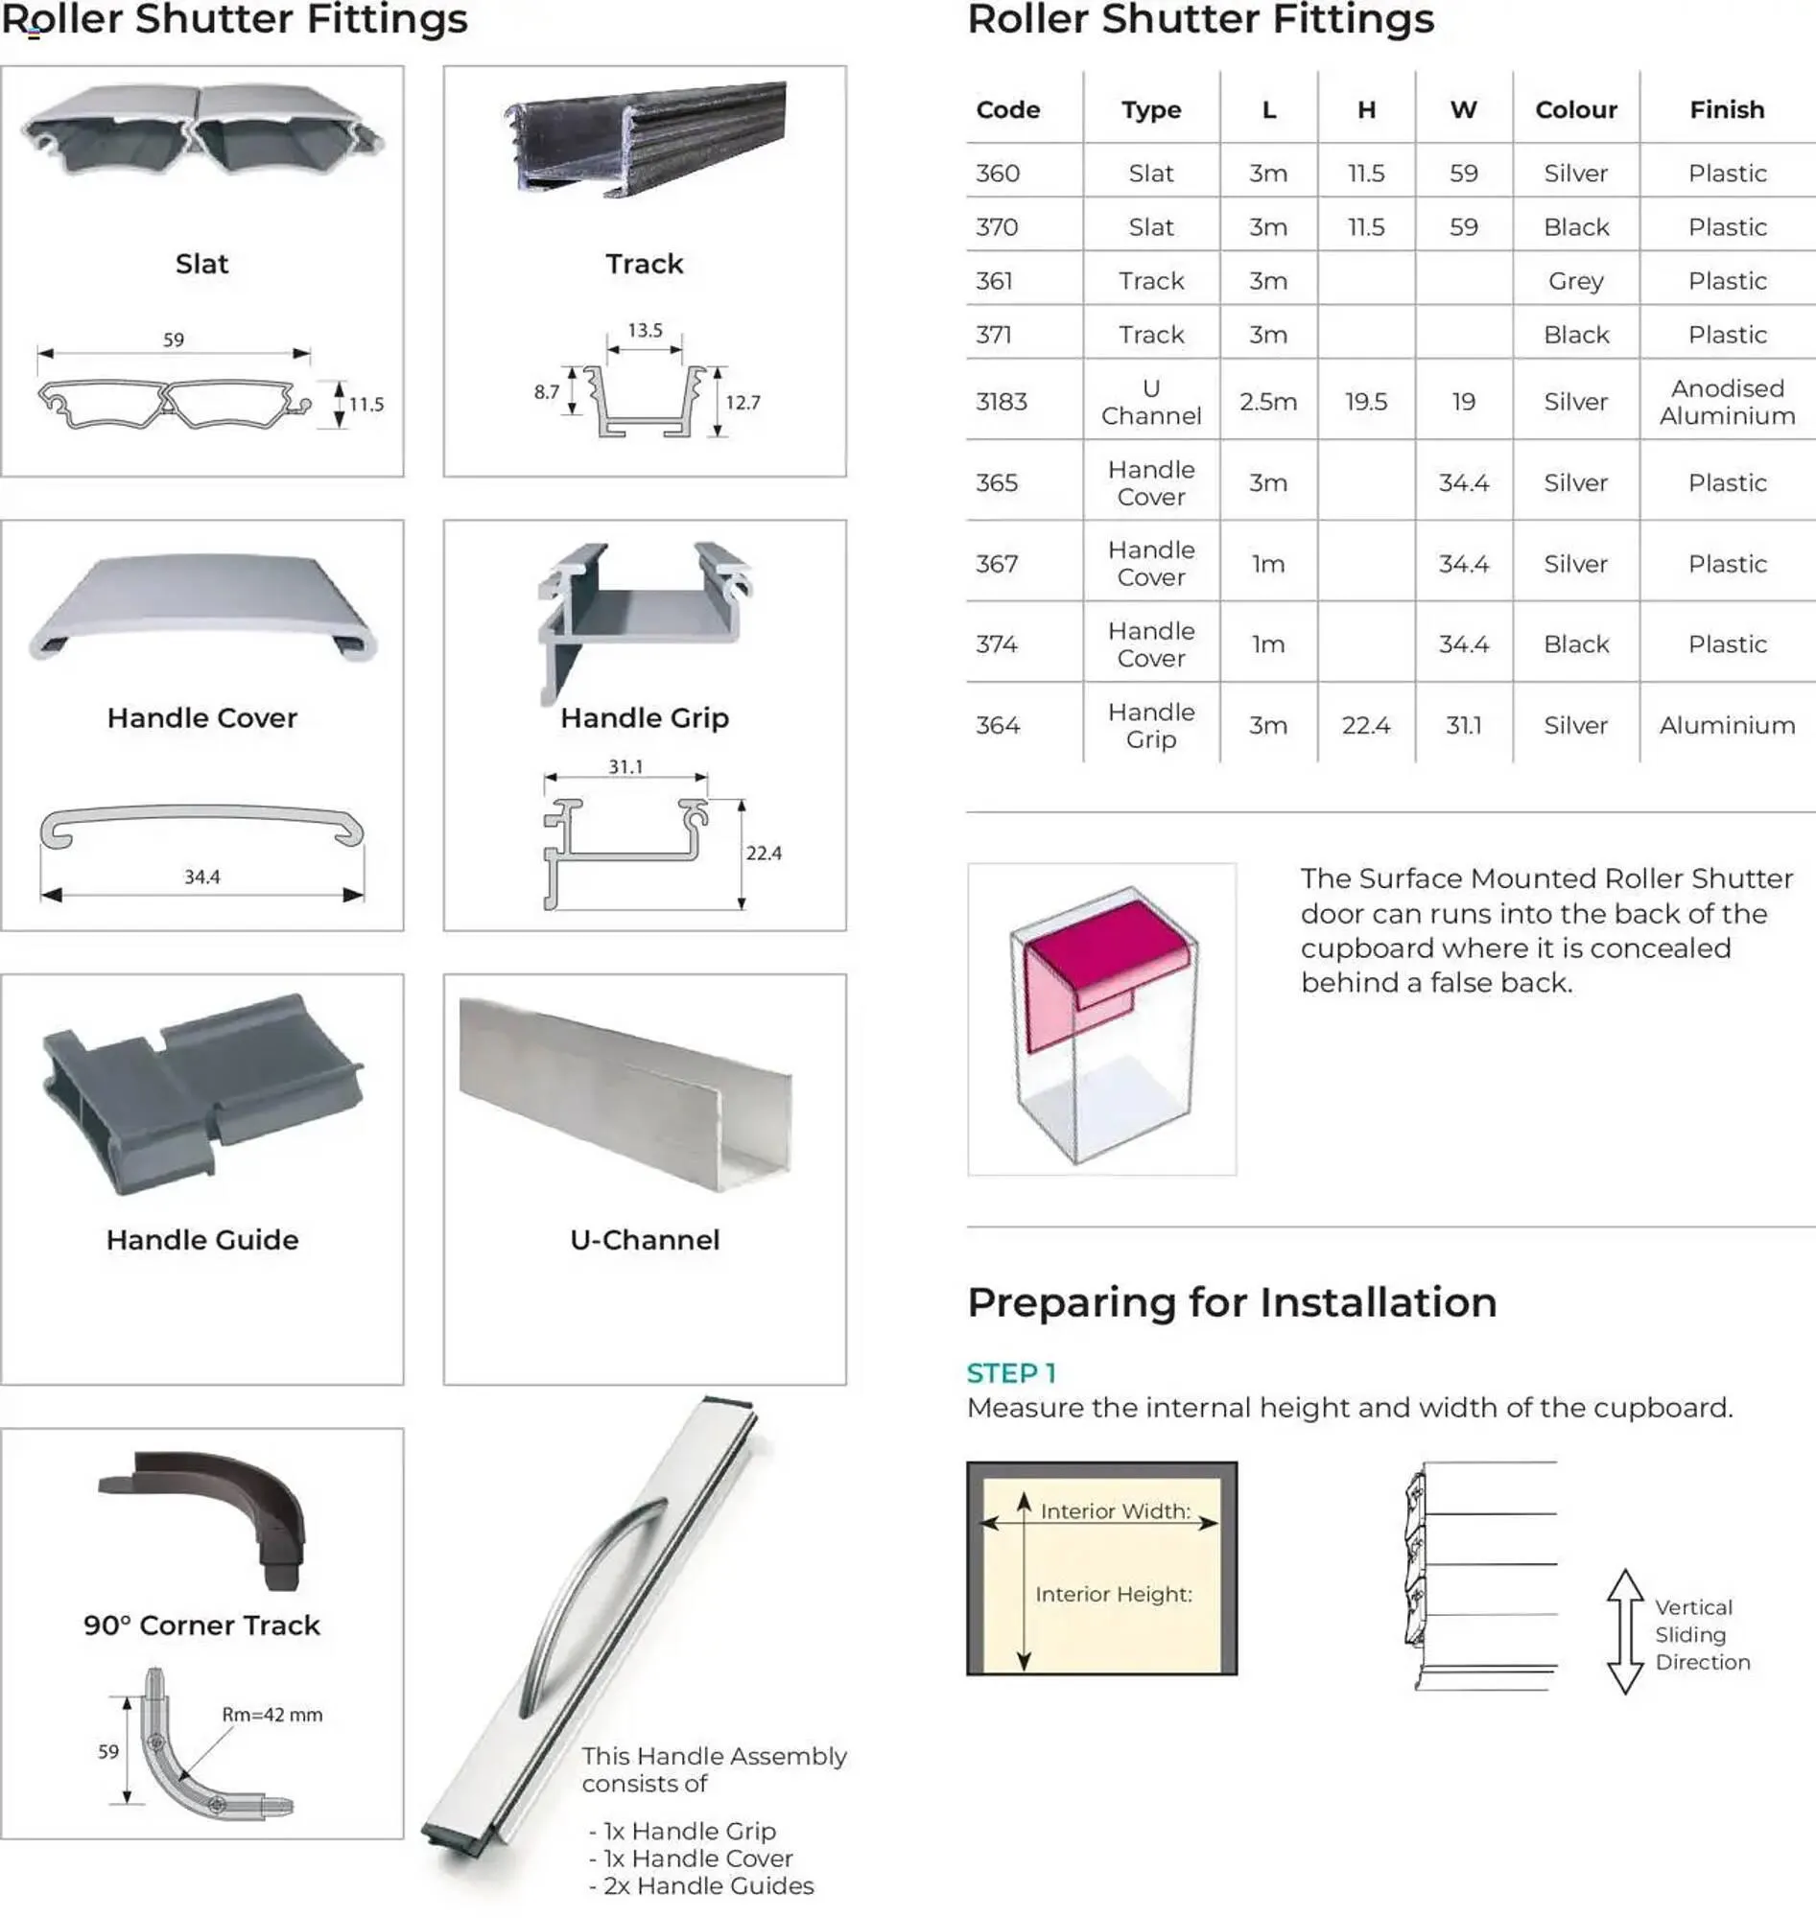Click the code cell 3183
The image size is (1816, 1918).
[x=1001, y=402]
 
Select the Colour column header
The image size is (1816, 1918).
[x=1575, y=110]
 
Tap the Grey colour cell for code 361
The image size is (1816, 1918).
[x=1575, y=282]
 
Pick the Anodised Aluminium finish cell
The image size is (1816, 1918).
[x=1726, y=402]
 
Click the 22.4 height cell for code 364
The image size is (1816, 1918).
[x=1365, y=726]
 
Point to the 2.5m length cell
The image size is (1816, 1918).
[x=1267, y=402]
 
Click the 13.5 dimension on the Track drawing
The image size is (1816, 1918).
[x=645, y=331]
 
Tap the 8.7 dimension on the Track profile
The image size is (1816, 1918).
[x=546, y=392]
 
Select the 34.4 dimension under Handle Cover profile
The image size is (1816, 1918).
[x=202, y=877]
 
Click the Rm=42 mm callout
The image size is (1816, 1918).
[x=272, y=1715]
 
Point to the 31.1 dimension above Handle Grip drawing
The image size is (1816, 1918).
[x=625, y=767]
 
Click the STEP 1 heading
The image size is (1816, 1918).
[x=1010, y=1373]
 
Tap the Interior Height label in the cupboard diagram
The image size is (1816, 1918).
[x=1113, y=1595]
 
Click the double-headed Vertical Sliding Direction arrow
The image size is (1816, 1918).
[x=1625, y=1631]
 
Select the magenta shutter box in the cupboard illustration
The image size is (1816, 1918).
[x=1103, y=953]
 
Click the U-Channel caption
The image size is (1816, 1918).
[x=645, y=1241]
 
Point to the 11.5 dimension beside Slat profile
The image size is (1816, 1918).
[x=366, y=405]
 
